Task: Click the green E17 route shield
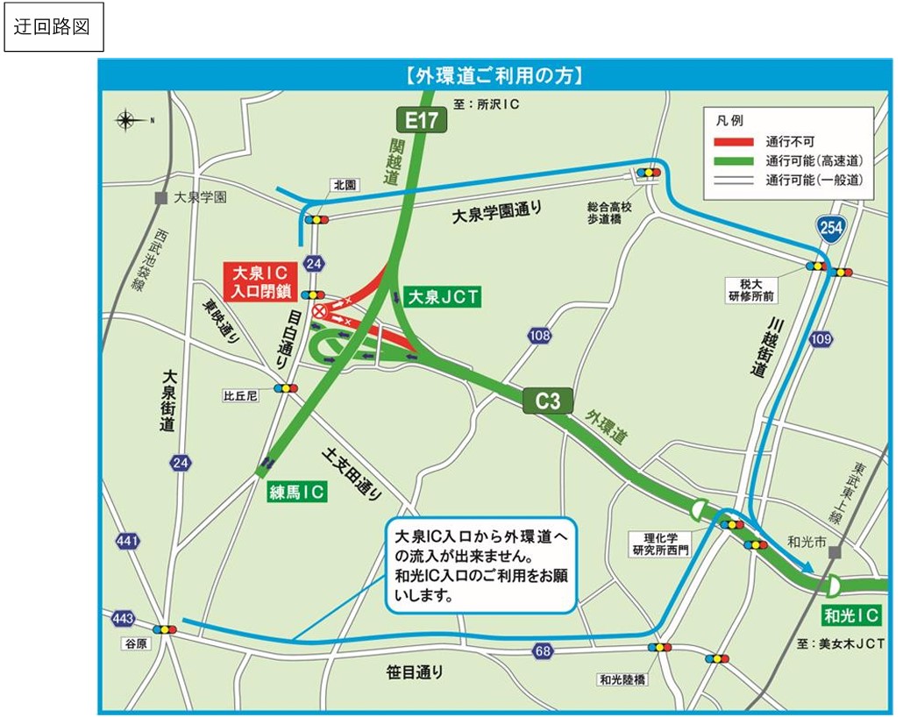422,120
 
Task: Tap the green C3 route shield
548,401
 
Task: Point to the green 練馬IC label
297,493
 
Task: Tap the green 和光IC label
850,615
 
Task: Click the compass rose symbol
129,119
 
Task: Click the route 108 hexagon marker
539,336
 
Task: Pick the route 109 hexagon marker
821,339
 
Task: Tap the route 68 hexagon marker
543,650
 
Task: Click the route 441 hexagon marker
127,542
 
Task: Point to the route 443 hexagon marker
124,620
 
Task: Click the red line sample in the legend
733,141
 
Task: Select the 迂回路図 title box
53,27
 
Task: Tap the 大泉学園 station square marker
160,198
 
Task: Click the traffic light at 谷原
164,629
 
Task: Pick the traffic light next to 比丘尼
286,388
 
